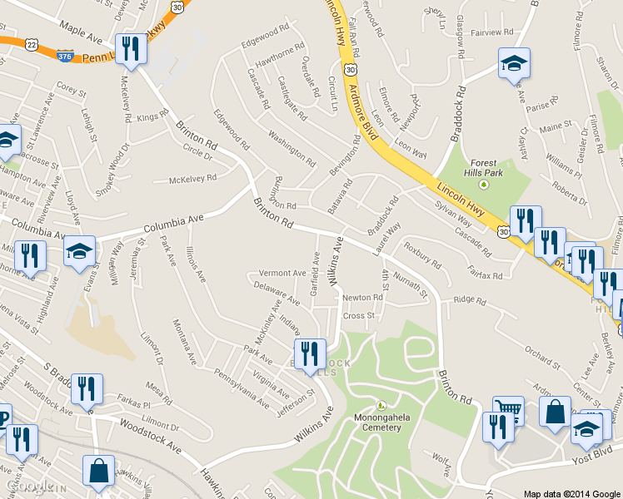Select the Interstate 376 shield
coord(64,56)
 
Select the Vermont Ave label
coord(282,273)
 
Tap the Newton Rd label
coord(362,297)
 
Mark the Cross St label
coord(359,316)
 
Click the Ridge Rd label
coord(468,300)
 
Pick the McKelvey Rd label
coord(192,178)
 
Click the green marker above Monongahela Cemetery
coord(381,406)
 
